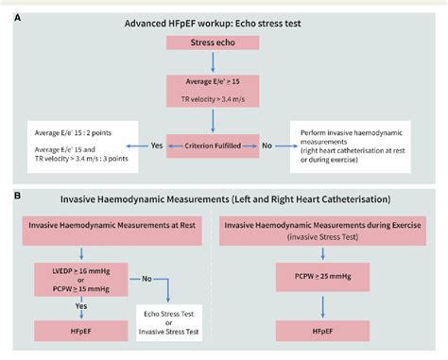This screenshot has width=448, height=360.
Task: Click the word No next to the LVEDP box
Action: coord(146,281)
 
